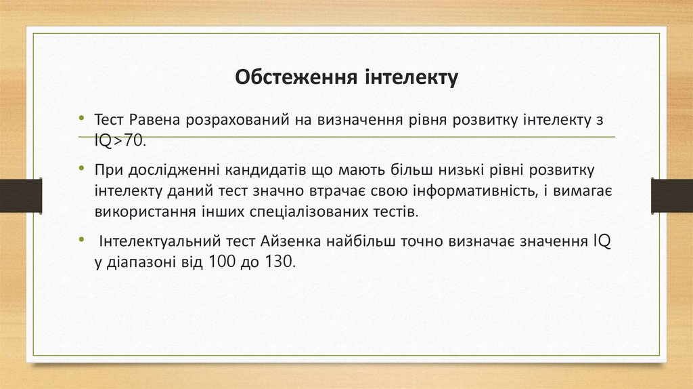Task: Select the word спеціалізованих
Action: [291, 211]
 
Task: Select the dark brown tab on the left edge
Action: [21, 195]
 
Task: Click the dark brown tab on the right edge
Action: [671, 195]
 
